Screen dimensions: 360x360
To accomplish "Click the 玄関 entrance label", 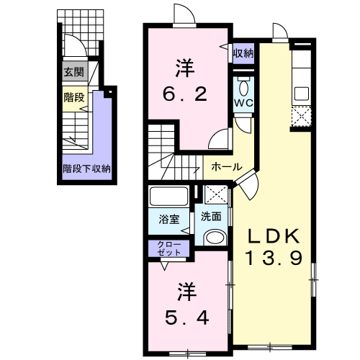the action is pos(74,72).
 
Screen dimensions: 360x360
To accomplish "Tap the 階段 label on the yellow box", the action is pos(74,97).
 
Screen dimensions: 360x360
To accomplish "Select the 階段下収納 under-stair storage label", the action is pos(86,168).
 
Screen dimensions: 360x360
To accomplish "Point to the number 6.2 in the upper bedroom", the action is pos(185,94).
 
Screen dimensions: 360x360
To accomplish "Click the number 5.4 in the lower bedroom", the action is pos(186,318).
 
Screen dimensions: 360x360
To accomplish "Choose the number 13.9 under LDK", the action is pos(274,258).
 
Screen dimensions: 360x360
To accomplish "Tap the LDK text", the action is pos(274,236).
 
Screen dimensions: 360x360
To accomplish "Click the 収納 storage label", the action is pos(243,53).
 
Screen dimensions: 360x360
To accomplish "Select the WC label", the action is pos(243,103).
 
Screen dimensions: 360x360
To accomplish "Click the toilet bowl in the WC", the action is pos(244,88).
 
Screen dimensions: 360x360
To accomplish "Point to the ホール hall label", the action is pos(227,166).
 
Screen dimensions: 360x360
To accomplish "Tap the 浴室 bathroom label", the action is pos(169,220).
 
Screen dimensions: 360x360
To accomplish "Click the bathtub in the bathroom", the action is pos(168,197).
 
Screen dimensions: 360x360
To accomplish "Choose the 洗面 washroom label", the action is pos(211,217).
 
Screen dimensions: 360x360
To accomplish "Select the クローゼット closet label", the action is pos(169,248).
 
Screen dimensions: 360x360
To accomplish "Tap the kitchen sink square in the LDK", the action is pos(302,94).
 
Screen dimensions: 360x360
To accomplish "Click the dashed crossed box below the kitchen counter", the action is pos(302,117).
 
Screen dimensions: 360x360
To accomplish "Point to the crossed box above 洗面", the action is pos(216,194).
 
